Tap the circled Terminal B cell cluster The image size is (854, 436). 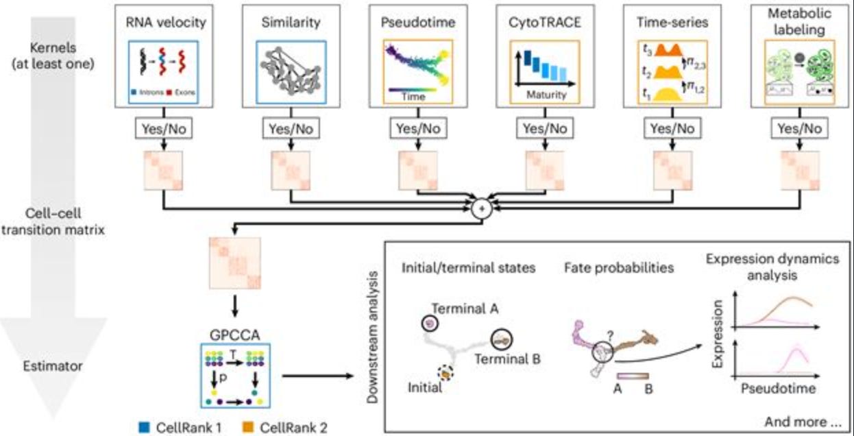(502, 338)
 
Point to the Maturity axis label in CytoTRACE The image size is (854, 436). (546, 95)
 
